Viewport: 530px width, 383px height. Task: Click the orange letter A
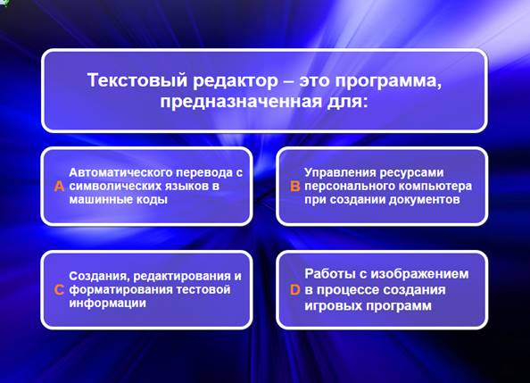(x=59, y=186)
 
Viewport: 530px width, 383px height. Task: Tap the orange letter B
(x=295, y=186)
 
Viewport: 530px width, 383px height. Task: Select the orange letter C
(x=59, y=289)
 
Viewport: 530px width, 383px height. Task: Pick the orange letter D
(x=295, y=289)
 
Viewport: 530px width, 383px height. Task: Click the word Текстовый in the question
(x=137, y=80)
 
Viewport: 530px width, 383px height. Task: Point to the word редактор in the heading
(x=236, y=81)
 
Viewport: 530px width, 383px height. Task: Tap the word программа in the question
(x=388, y=81)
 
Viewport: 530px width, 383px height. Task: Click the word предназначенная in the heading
(x=241, y=102)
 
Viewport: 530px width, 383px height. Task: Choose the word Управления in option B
(x=340, y=172)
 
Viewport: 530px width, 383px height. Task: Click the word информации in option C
(x=107, y=303)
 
